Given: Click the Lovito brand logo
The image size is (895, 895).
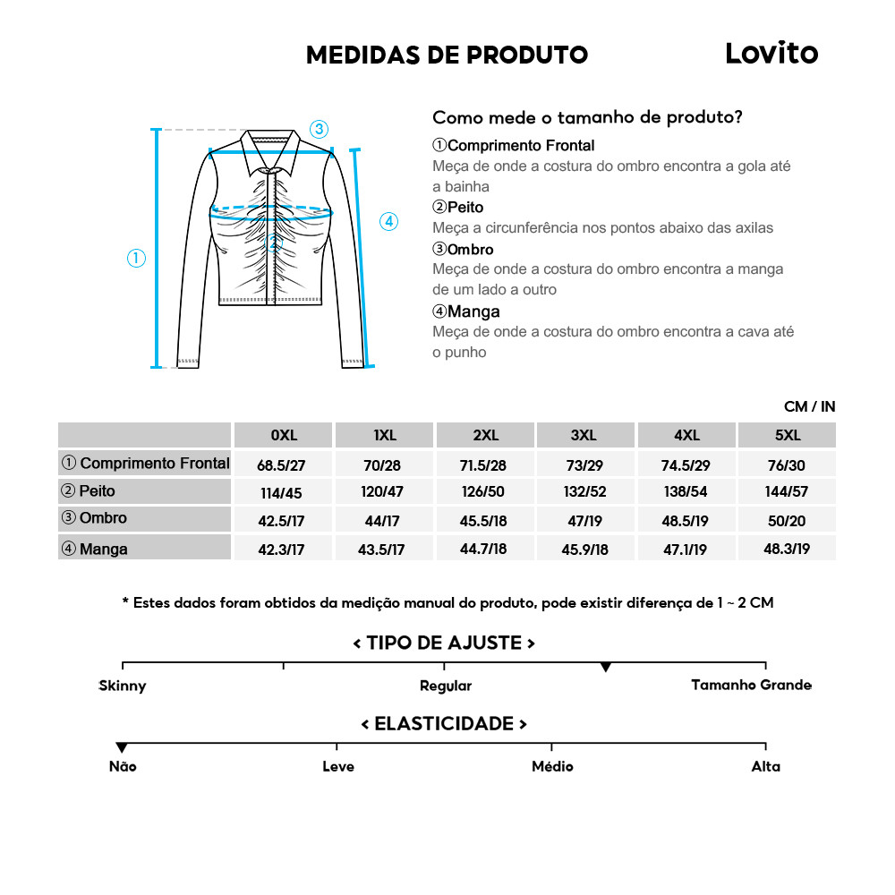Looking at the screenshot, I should click(x=771, y=54).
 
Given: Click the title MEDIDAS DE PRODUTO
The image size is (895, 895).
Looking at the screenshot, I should click(x=447, y=55).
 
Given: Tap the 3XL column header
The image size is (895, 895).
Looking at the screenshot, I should click(x=584, y=436).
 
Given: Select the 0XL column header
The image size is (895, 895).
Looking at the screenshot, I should click(x=283, y=436).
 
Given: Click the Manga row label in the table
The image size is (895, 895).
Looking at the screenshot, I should click(x=103, y=549).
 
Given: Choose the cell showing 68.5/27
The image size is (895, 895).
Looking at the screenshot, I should click(x=283, y=465).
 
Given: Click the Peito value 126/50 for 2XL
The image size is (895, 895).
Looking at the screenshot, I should click(x=484, y=492).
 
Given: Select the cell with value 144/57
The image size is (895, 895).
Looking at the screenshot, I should click(x=787, y=492).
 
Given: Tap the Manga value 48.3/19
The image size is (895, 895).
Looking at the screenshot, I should click(x=787, y=549).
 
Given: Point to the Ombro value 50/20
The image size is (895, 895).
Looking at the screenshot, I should click(x=787, y=520).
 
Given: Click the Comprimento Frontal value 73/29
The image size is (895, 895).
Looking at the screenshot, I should click(x=584, y=465).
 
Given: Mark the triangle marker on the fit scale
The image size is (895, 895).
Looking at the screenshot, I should click(x=606, y=668).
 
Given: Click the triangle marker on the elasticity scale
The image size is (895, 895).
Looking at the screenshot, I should click(x=122, y=748).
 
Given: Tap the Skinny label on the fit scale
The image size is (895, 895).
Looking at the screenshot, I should click(x=123, y=686).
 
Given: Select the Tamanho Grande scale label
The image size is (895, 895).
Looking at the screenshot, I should click(x=751, y=686).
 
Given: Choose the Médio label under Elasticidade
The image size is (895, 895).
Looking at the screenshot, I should click(x=552, y=767).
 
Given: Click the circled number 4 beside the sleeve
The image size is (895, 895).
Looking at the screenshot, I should click(x=388, y=222).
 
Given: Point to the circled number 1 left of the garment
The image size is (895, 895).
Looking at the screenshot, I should click(x=136, y=259).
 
